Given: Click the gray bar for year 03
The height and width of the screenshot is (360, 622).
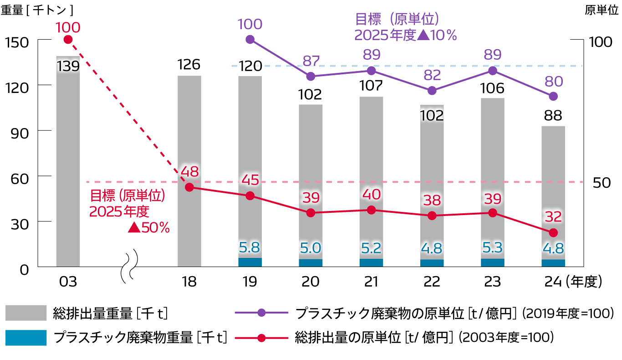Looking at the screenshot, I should pyautogui.click(x=68, y=164).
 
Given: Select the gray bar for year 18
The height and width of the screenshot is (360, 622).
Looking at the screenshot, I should pyautogui.click(x=189, y=173).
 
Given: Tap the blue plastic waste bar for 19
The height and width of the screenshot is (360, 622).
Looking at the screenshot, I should pyautogui.click(x=250, y=262).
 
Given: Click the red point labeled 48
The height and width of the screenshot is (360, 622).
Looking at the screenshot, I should pyautogui.click(x=189, y=187).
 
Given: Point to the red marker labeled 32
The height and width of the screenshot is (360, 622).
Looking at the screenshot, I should pyautogui.click(x=553, y=233).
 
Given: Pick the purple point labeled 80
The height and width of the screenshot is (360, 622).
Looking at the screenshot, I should pyautogui.click(x=553, y=96).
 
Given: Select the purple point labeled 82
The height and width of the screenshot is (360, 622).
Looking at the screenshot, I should pyautogui.click(x=432, y=91).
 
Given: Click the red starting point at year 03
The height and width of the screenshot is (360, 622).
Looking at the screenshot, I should pyautogui.click(x=68, y=40).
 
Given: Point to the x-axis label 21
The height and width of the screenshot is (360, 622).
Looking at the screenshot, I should pyautogui.click(x=371, y=282).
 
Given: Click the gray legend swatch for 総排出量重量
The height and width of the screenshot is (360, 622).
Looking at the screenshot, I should pyautogui.click(x=26, y=313).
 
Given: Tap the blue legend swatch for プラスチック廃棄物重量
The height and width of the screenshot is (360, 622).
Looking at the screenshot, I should pyautogui.click(x=26, y=338).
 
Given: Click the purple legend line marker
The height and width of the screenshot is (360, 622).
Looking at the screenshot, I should pyautogui.click(x=261, y=313).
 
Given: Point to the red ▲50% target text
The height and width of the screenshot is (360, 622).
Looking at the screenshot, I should pyautogui.click(x=149, y=227).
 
